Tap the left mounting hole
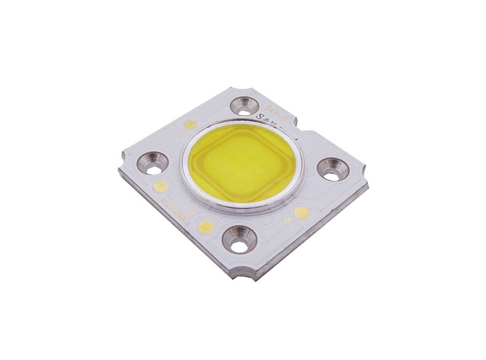pyautogui.click(x=154, y=162)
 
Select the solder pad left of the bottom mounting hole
pyautogui.click(x=205, y=225)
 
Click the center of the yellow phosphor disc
pyautogui.click(x=242, y=160)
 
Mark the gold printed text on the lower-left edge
pyautogui.click(x=178, y=206)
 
